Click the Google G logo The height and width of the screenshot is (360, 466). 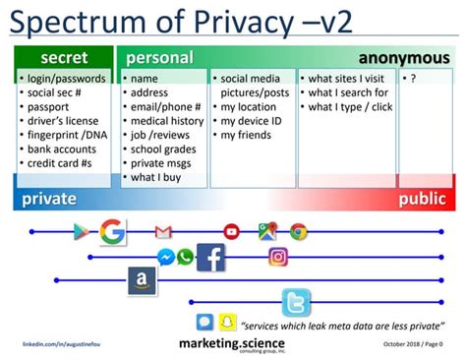[112, 232]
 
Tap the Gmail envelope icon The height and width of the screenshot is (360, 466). [163, 232]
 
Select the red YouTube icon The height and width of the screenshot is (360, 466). [231, 232]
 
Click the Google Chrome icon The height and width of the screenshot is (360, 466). [298, 232]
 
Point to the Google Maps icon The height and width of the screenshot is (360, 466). [266, 232]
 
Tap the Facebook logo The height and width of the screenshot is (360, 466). [210, 258]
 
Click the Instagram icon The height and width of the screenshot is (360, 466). [278, 258]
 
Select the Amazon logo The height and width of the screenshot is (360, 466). [143, 282]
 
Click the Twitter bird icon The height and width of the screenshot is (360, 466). [296, 302]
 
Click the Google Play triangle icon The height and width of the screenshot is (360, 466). [82, 232]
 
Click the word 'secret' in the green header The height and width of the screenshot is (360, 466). [64, 58]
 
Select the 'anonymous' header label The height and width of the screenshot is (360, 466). [403, 58]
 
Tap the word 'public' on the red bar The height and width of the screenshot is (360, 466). [422, 199]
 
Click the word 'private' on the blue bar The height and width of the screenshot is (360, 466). [49, 199]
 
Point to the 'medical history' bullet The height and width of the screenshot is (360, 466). [166, 121]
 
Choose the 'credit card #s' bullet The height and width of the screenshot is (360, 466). [61, 163]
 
